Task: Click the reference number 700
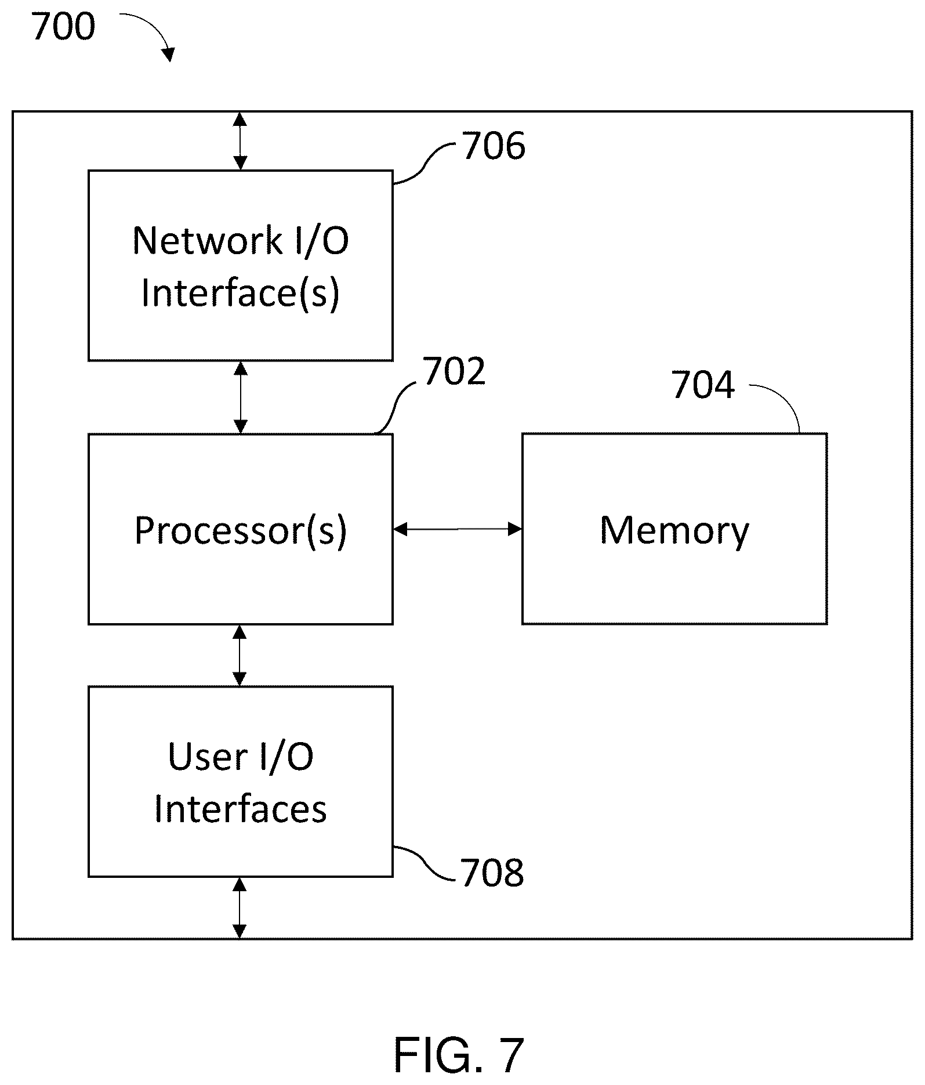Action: (64, 27)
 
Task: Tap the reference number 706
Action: (494, 146)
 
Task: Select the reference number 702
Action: (454, 371)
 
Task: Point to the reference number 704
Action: (703, 385)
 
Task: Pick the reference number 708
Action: (492, 872)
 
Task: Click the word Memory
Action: (674, 531)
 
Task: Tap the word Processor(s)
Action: (241, 530)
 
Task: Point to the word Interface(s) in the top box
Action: (241, 293)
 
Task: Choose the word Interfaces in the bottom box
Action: (241, 809)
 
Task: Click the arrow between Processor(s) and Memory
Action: (458, 529)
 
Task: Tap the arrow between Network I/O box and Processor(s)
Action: (240, 397)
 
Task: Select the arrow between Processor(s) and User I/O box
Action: (240, 656)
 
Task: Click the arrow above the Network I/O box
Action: (240, 141)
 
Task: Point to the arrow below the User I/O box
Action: (240, 908)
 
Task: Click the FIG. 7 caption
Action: (459, 1055)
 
